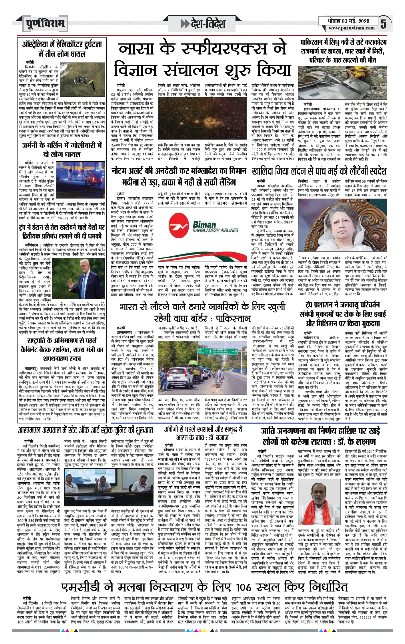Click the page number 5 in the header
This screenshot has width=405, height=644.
point(383,24)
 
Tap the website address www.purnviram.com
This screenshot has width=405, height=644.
point(351,28)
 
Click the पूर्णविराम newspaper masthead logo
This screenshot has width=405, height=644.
point(45,23)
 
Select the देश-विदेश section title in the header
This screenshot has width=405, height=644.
point(203,24)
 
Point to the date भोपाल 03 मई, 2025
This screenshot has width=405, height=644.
point(348,21)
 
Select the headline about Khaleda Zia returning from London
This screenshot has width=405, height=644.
point(319,171)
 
